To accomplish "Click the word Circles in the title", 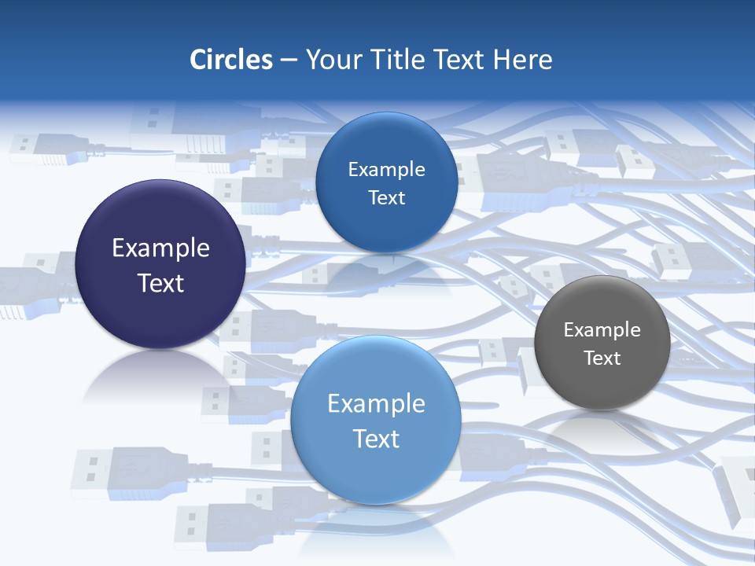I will pyautogui.click(x=231, y=60).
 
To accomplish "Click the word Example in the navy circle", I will pyautogui.click(x=160, y=248).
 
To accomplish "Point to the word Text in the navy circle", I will pyautogui.click(x=160, y=283).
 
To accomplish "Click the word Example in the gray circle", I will pyautogui.click(x=602, y=330).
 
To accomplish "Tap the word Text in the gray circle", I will pyautogui.click(x=602, y=358).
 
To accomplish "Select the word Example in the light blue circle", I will pyautogui.click(x=376, y=404).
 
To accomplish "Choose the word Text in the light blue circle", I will pyautogui.click(x=376, y=439).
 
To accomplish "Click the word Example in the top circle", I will pyautogui.click(x=386, y=170).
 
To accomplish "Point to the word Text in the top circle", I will pyautogui.click(x=386, y=198).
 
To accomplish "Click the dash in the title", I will pyautogui.click(x=289, y=61).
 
